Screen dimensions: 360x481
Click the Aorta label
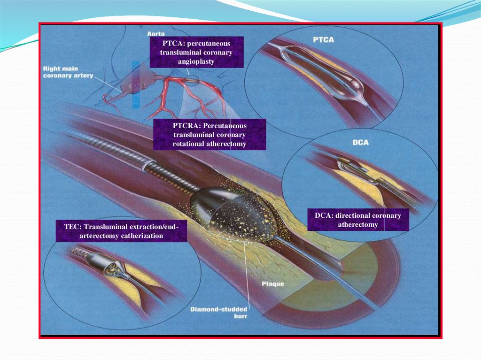click(155, 33)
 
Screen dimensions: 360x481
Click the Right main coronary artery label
click(68, 72)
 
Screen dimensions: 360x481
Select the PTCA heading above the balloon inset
click(324, 40)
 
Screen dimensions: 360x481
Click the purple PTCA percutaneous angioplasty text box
click(196, 52)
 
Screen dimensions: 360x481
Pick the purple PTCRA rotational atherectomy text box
click(209, 135)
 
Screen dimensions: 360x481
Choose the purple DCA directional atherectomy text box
click(358, 220)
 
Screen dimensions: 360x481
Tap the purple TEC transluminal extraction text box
click(121, 231)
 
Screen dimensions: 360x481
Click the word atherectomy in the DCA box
click(358, 224)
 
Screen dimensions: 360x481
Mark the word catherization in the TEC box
click(141, 236)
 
